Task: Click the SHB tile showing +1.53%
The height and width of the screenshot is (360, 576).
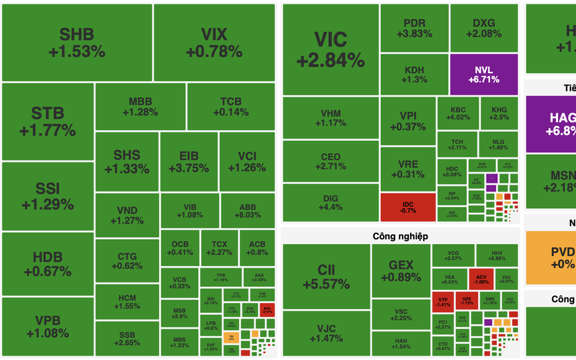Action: tap(77, 43)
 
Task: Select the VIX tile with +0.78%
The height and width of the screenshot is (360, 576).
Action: tap(214, 43)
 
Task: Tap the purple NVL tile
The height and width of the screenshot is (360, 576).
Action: tap(483, 75)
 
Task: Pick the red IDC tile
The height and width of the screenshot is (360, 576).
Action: tap(408, 207)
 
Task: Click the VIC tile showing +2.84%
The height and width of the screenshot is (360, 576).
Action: tap(330, 50)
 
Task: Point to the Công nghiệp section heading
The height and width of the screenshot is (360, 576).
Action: tap(400, 236)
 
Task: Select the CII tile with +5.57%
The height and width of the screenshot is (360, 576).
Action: tap(326, 277)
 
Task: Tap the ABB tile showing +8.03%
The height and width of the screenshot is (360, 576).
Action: tap(248, 211)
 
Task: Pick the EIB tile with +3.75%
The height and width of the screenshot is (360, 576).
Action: tap(188, 162)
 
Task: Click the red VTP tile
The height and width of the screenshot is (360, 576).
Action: tap(442, 301)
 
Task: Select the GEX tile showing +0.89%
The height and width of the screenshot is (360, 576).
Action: tap(401, 271)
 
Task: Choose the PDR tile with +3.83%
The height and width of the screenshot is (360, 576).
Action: tap(414, 29)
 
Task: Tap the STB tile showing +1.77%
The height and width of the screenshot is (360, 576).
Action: tap(48, 121)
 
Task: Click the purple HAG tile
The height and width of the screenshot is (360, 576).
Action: tap(551, 125)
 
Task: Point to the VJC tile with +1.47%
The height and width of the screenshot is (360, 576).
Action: tap(326, 333)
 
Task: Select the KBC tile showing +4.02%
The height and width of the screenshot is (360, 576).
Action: tap(458, 113)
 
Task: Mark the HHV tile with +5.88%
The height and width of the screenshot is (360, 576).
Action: tap(497, 255)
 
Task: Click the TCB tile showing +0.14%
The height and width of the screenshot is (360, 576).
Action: tap(230, 107)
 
